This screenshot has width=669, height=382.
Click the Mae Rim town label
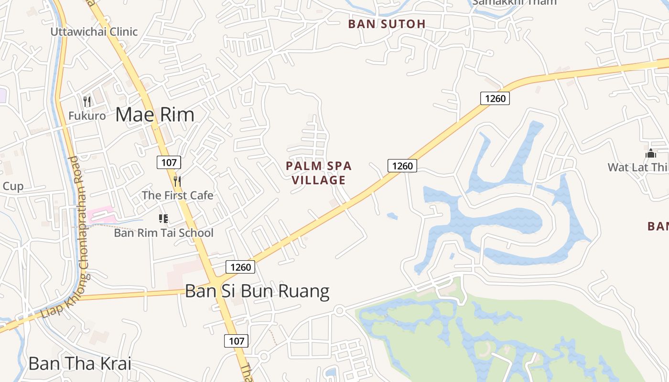coord(155,115)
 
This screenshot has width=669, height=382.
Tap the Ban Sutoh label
coord(387,24)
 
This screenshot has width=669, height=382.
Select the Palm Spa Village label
coord(319,173)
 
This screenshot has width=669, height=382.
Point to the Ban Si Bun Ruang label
coord(257,291)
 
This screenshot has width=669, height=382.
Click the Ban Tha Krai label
coord(80,363)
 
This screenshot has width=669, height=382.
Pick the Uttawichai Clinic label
coord(94,32)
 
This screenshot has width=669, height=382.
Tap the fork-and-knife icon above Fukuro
coord(87,101)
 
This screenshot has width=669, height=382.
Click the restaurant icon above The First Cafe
coord(177,181)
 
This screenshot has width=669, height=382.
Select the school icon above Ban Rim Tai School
coord(163,219)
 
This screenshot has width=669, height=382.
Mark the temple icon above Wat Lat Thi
coord(650,153)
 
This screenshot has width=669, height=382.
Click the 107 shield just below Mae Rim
coord(169,162)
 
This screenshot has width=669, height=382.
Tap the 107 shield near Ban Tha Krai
coord(236,341)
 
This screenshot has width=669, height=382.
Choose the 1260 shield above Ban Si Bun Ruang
coord(240,267)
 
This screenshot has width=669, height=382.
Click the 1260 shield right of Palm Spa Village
coord(402,166)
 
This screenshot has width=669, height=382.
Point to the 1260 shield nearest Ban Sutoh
coord(495,99)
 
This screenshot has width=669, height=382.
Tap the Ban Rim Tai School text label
coord(163,233)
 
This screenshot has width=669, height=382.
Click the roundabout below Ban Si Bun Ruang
coord(340,311)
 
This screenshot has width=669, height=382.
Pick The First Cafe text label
coord(178,195)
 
